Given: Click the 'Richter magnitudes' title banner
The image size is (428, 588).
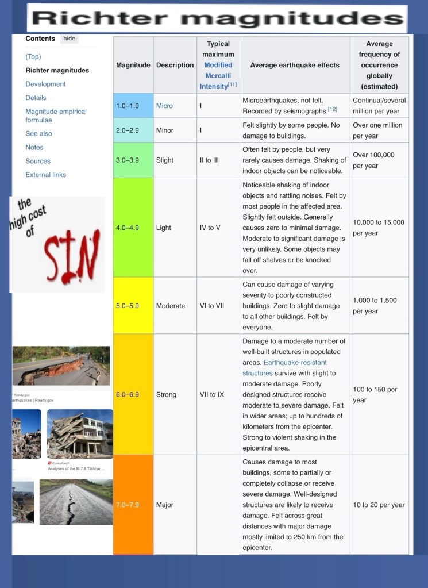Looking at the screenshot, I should [217, 18].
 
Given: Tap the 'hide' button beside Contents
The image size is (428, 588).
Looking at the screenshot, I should [69, 39].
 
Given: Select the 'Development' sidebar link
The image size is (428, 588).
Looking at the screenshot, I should [45, 84].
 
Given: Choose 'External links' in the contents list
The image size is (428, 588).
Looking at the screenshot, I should [45, 175].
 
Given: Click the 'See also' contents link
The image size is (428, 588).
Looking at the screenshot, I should [38, 133].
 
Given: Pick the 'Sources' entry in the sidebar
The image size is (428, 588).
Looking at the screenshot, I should [38, 161].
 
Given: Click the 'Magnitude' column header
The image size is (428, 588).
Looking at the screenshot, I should [133, 65].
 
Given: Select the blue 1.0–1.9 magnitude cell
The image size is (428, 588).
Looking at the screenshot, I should [133, 106].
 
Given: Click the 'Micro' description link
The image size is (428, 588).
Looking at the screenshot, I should [164, 106].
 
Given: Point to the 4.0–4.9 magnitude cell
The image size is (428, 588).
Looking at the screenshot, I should [133, 228].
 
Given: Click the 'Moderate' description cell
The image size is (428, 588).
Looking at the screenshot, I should [170, 306].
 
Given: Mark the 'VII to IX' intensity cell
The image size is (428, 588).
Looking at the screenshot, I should [212, 395].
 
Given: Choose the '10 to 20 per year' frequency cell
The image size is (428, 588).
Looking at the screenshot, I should [379, 505].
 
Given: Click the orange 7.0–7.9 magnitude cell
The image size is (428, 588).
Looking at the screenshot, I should [133, 505].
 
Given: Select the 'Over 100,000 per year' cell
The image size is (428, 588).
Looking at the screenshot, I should [379, 160].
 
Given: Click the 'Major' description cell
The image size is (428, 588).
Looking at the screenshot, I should [164, 505].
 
